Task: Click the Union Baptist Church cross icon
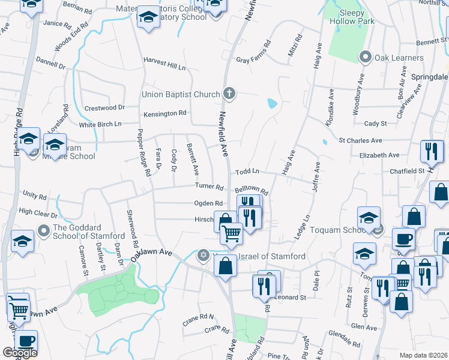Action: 229,94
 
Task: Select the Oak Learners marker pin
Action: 364,58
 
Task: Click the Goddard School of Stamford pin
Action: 43,230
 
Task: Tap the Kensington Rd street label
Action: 164,113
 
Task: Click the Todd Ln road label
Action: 247,171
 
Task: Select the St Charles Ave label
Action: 360,140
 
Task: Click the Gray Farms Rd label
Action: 253,52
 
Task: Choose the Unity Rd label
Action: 34,196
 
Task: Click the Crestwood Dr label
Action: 104,107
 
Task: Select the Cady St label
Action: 375,124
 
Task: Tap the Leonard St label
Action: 291,297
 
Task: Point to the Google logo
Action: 19,353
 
